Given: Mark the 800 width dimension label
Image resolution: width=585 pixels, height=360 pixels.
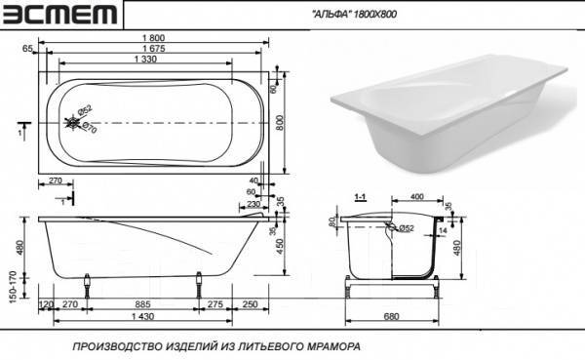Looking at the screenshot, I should [281, 121].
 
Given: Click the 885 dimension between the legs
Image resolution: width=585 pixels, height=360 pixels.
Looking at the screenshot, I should [143, 305].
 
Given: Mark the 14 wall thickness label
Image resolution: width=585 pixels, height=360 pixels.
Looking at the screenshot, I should [444, 231].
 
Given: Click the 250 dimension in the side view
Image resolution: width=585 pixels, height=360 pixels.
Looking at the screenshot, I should [251, 305].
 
